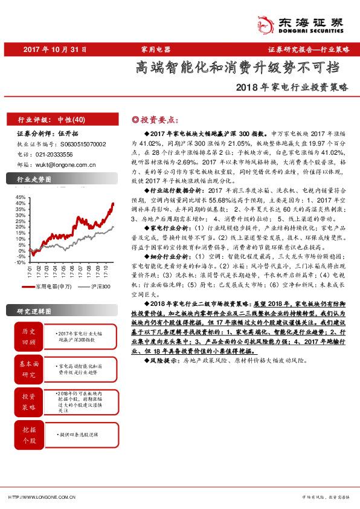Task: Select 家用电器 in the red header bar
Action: tap(156, 50)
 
